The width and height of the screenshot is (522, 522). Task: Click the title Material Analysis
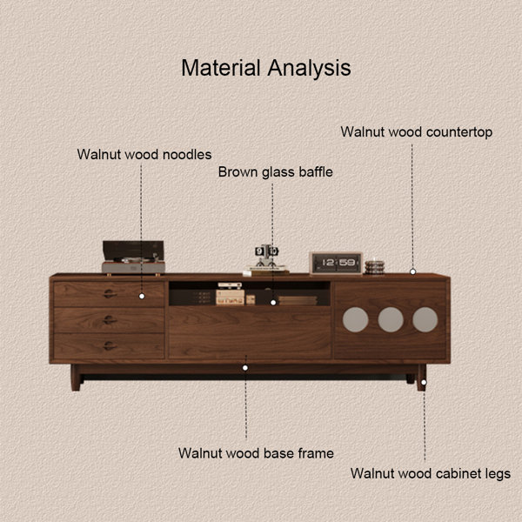click(266, 68)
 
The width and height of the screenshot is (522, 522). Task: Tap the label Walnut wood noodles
click(144, 155)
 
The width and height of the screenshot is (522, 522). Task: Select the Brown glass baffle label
click(275, 172)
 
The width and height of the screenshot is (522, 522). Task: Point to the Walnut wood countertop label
click(416, 132)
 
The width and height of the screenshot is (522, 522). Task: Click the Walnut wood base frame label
click(256, 453)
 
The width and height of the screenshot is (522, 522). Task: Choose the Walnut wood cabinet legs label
click(430, 473)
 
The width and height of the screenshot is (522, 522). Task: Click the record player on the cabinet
click(133, 258)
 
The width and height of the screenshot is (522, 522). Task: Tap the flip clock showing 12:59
click(336, 263)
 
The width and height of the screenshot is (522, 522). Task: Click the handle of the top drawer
click(110, 294)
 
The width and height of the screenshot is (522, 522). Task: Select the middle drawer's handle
click(110, 320)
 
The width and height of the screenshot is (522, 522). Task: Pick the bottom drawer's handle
click(110, 346)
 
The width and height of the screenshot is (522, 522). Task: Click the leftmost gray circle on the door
click(356, 319)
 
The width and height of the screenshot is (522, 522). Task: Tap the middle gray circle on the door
click(391, 319)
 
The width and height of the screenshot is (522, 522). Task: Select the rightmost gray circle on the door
click(425, 319)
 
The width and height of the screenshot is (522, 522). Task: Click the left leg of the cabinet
click(76, 378)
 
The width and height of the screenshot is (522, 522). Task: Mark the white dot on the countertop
click(412, 271)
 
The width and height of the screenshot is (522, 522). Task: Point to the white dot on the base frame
click(245, 368)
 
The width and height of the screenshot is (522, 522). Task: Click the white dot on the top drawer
click(142, 296)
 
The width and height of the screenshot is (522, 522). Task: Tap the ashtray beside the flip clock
click(374, 267)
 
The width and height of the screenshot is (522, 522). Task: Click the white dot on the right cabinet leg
click(424, 383)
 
